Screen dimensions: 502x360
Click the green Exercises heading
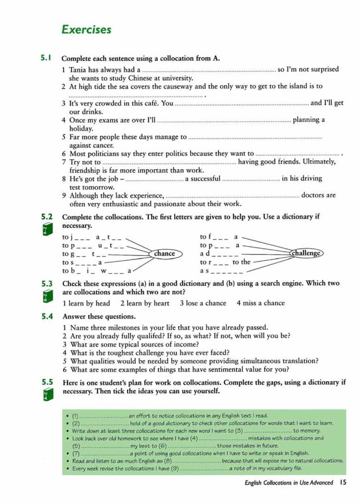coord(86,30)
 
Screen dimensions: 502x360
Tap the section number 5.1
coord(46,58)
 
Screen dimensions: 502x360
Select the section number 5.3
coord(46,284)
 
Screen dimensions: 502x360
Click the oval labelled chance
coord(164,254)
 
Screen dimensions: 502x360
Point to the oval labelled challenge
coord(306,254)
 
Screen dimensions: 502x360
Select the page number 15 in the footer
coord(344,482)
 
